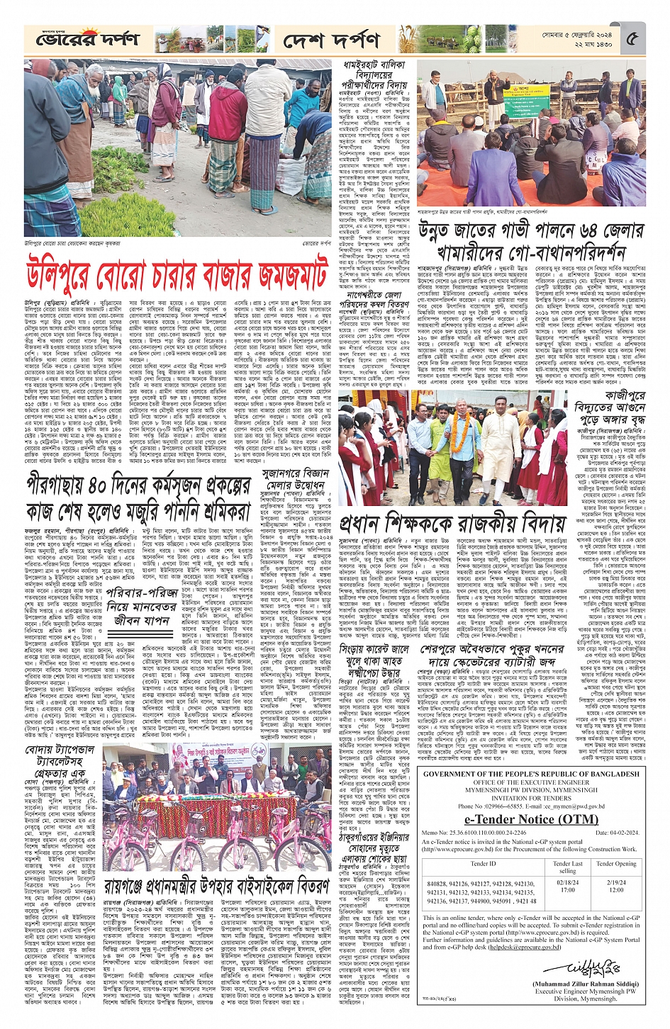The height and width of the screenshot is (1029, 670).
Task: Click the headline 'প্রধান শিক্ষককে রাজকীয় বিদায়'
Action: click(452, 523)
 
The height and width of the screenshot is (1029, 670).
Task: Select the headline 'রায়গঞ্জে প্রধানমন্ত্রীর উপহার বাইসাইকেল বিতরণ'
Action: click(217, 885)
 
